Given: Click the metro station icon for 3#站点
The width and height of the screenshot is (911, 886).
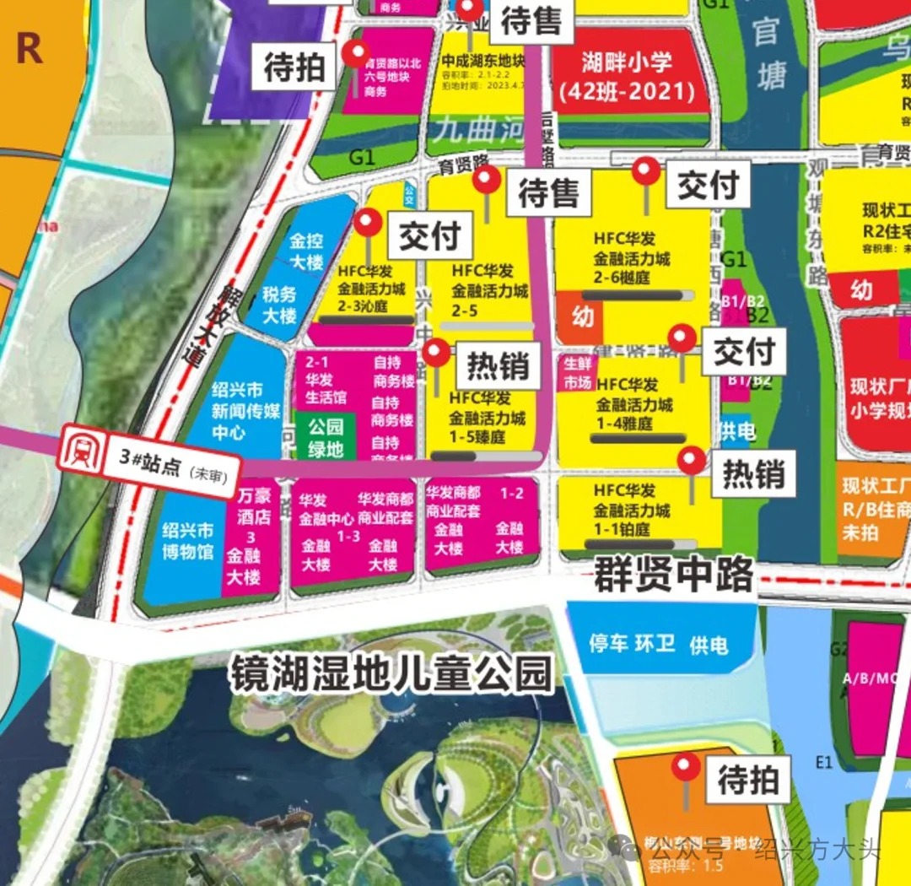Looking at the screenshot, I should click(78, 450).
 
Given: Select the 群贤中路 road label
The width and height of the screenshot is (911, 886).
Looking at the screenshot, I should click(673, 575).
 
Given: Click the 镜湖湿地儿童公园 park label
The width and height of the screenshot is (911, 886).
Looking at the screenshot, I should click(392, 674).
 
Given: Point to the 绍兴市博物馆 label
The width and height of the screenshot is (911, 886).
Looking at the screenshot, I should click(188, 541).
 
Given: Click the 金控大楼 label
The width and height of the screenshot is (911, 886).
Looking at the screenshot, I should click(306, 251).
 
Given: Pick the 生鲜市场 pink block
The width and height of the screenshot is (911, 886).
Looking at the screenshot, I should click(578, 373).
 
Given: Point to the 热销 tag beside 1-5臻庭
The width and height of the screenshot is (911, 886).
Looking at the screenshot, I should click(498, 366).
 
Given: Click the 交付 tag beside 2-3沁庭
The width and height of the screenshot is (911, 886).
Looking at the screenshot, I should click(429, 237).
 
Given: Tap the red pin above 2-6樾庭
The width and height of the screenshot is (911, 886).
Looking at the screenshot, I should click(647, 172).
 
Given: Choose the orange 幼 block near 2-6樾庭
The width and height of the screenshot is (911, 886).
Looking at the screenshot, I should click(582, 316).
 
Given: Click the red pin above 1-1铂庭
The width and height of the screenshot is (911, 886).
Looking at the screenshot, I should click(693, 461).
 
